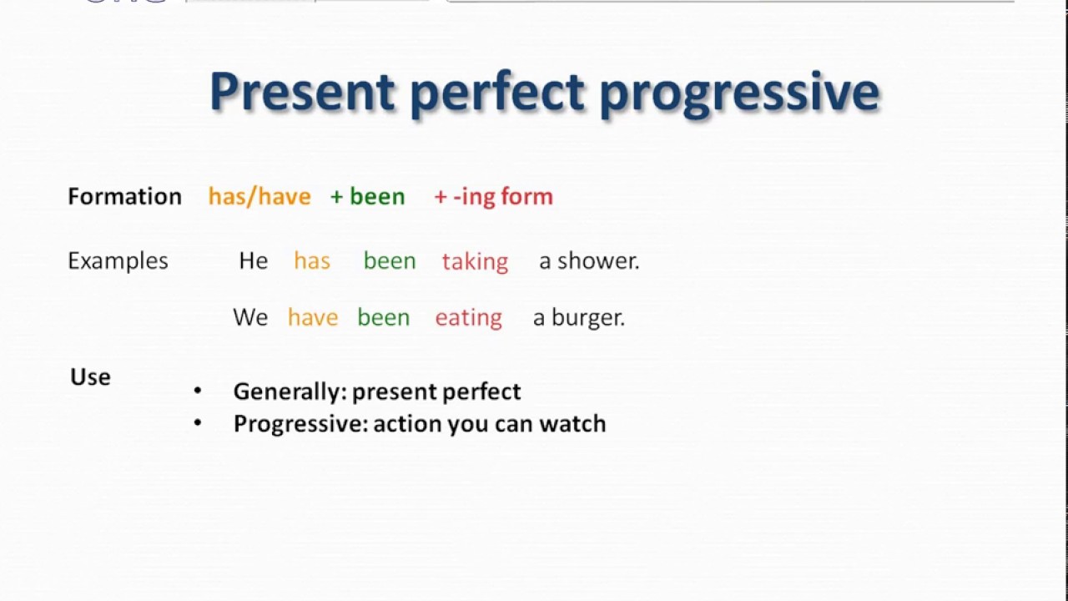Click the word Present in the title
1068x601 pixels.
301,92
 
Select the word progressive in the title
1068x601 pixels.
739,92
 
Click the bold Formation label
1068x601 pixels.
124,196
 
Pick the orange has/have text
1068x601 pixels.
259,196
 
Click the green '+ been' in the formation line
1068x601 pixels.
368,196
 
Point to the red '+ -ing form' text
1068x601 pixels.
494,196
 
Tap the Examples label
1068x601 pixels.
118,260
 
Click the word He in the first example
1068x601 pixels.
254,260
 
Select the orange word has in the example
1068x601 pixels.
312,260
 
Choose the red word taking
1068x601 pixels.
475,261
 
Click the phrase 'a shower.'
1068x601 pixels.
589,260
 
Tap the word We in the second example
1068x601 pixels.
250,317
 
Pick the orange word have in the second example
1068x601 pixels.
313,317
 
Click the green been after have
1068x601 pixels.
384,317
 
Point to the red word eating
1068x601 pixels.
468,318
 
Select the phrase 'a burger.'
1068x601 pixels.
579,317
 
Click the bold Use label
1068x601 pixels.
90,376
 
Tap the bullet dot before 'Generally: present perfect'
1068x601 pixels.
198,391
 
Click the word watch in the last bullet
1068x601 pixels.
572,423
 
